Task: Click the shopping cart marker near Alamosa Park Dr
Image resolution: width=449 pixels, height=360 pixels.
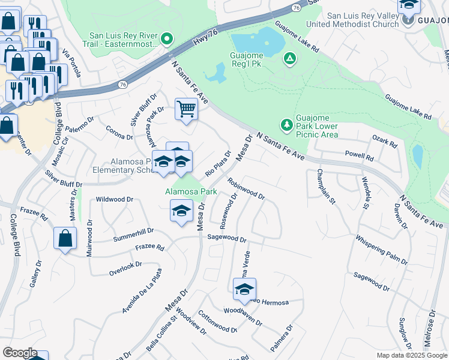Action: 186,110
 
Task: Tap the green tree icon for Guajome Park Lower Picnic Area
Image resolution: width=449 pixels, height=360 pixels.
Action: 287,125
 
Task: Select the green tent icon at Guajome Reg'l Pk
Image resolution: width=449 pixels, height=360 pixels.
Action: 289,58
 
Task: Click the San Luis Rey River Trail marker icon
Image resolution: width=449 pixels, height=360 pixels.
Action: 168,41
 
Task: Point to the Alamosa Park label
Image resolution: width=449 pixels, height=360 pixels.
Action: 190,191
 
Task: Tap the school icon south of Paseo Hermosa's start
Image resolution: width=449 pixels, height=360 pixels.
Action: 244,290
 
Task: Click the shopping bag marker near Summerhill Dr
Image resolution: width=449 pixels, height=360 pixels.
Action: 65,238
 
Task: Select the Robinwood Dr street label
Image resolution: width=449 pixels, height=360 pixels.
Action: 246,187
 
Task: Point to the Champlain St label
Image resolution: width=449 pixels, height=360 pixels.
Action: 325,187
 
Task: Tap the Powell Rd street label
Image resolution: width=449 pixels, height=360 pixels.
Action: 359,155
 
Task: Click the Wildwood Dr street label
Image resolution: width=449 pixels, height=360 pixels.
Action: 114,199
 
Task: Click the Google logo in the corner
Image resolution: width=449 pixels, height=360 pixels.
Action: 20,353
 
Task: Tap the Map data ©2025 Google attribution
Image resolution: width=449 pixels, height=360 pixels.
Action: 411,355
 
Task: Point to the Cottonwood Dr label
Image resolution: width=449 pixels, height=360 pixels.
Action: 217,322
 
